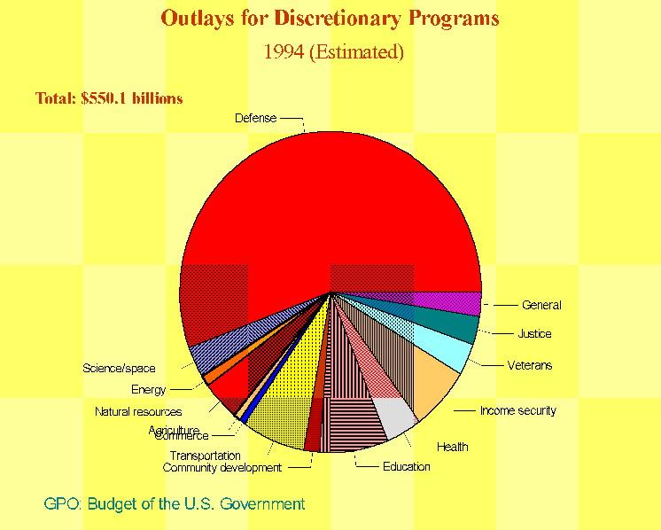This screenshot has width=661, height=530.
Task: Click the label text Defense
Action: [255, 118]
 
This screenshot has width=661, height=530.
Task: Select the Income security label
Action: [517, 410]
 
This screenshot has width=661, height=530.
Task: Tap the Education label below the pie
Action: [406, 467]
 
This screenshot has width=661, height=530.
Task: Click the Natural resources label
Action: [138, 411]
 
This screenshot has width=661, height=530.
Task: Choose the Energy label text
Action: [148, 390]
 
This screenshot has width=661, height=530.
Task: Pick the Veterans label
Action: [529, 365]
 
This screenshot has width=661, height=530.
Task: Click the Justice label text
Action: [534, 334]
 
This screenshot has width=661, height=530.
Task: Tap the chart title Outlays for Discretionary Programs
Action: [330, 19]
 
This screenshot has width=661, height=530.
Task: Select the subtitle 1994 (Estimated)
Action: [333, 51]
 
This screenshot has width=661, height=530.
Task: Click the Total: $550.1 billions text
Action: [109, 98]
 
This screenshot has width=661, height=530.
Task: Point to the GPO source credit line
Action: [174, 504]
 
